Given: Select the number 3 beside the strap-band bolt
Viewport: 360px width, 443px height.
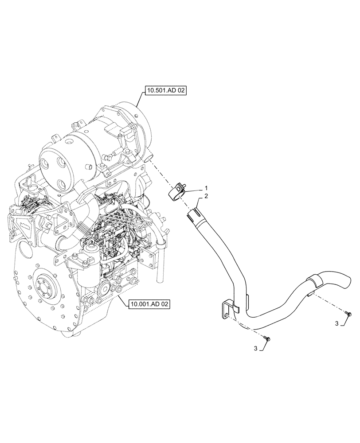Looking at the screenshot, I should pos(338,324).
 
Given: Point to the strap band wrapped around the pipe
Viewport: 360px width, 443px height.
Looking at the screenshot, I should pos(312,282).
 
